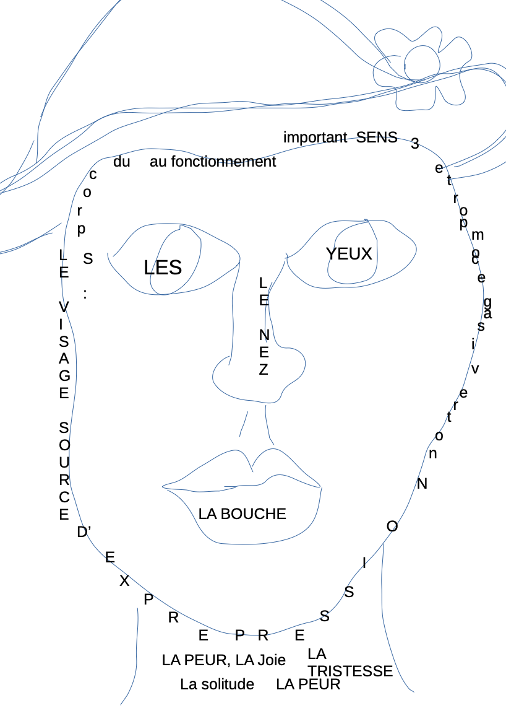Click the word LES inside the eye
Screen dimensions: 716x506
[x=163, y=268]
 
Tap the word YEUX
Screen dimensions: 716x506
[x=349, y=254]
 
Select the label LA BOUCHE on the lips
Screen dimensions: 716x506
[x=242, y=514]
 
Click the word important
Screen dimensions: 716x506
[x=315, y=138]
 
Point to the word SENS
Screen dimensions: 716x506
[x=377, y=138]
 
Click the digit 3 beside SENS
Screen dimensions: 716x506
[x=415, y=144]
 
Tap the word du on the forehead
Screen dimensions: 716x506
[x=122, y=162]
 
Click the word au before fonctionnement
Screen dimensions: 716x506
[x=158, y=162]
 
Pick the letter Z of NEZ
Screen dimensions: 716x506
[x=264, y=370]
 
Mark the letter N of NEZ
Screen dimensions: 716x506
[x=264, y=335]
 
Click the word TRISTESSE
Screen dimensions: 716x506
[x=350, y=671]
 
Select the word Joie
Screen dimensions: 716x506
[x=272, y=660]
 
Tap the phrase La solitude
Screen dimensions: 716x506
[x=217, y=684]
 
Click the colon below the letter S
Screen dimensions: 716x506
[x=85, y=294]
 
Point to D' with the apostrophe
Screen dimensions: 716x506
[x=84, y=532]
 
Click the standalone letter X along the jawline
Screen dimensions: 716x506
[x=124, y=581]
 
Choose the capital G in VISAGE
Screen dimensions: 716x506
[x=64, y=376]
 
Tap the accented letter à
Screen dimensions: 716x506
[x=488, y=313]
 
